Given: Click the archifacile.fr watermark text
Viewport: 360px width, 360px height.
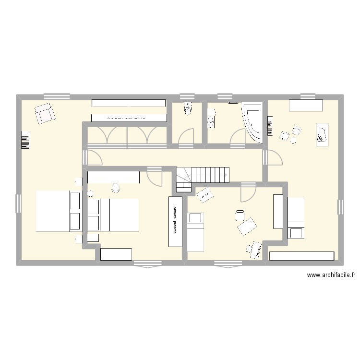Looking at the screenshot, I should click(331, 275).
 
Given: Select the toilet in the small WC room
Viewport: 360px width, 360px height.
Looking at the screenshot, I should click(187, 110).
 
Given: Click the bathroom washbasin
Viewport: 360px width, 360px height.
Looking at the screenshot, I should click(211, 119).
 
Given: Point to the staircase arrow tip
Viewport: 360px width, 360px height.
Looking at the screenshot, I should click(225, 176).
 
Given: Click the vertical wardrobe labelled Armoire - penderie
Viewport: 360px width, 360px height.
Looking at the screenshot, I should click(175, 221).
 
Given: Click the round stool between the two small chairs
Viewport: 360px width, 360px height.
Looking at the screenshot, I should click(292, 139).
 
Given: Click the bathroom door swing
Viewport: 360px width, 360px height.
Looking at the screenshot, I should click(239, 137).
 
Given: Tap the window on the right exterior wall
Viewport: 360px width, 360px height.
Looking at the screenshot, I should click(340, 207).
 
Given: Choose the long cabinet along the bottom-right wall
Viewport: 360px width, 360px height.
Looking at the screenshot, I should click(301, 256).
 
